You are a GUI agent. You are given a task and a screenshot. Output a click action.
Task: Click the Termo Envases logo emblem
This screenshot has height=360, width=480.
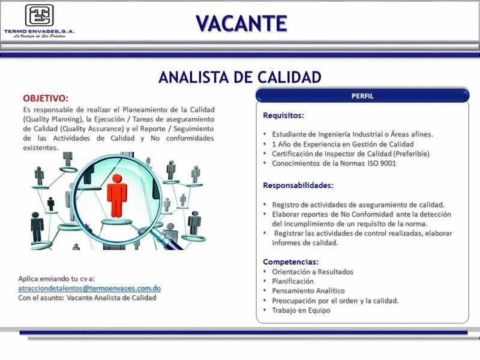point(39,16)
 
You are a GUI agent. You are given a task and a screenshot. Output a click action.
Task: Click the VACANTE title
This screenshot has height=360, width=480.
point(242,23)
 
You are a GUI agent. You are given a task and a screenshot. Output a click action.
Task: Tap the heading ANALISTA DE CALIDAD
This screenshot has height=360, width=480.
point(240,77)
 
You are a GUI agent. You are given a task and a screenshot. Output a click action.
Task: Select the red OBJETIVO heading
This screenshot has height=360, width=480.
point(46,98)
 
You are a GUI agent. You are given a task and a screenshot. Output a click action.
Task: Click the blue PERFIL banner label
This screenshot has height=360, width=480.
point(362,96)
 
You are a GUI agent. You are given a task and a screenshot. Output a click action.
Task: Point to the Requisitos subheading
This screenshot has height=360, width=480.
point(283,116)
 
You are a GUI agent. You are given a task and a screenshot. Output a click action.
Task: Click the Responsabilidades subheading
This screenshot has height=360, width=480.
point(298,185)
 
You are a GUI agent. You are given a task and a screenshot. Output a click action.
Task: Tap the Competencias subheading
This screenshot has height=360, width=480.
point(291,262)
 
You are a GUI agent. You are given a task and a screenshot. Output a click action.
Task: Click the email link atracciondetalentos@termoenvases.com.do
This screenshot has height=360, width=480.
point(89,289)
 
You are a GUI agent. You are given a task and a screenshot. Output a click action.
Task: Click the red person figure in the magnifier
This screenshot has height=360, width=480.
point(116,196)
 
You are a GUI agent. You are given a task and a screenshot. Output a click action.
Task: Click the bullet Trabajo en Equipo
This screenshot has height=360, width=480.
point(301,310)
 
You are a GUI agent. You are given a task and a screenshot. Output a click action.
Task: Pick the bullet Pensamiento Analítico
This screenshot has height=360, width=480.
point(308,291)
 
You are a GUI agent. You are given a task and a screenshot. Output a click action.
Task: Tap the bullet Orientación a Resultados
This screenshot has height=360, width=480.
point(313,272)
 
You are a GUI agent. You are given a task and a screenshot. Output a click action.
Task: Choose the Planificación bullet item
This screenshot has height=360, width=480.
point(293,281)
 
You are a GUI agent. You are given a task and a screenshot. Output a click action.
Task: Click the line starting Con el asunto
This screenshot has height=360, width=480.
point(87,298)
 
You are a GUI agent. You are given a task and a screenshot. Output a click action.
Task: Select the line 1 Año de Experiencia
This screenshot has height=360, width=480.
point(343,144)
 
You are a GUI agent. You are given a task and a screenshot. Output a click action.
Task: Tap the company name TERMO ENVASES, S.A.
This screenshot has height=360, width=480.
point(40,31)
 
